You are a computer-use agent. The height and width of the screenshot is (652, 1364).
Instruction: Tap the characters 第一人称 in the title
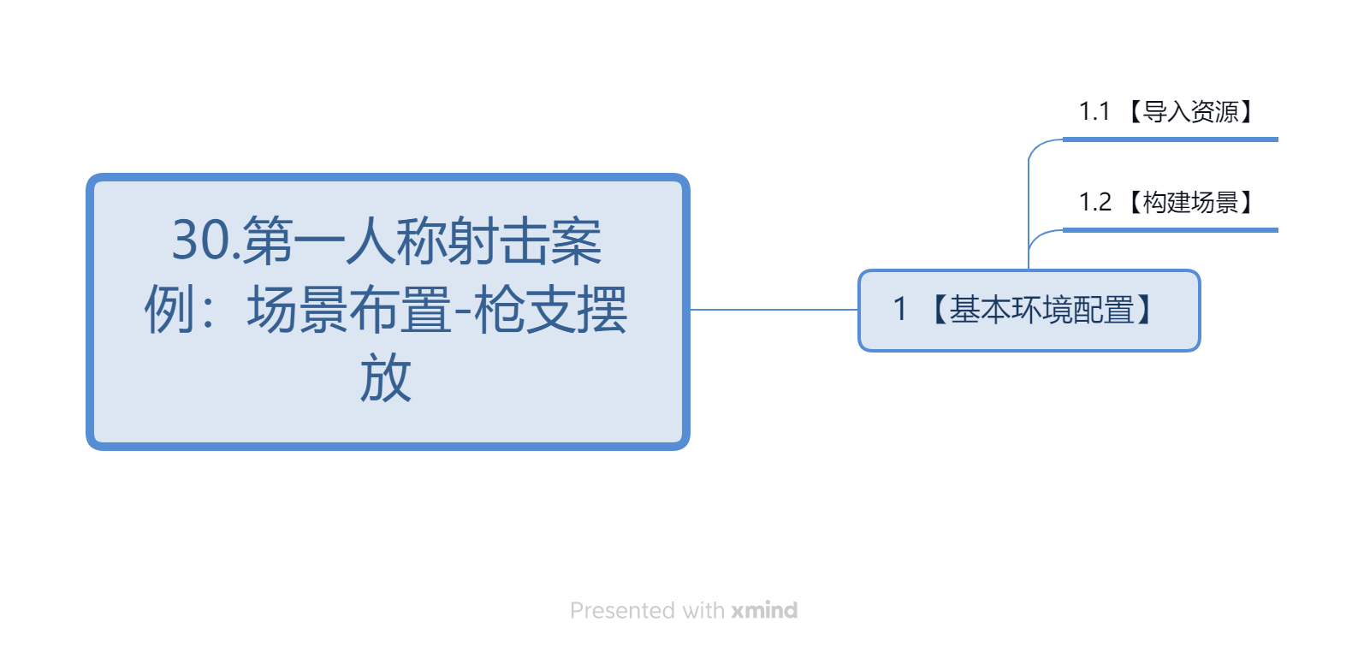click(345, 241)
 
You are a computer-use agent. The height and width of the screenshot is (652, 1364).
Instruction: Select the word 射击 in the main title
click(499, 241)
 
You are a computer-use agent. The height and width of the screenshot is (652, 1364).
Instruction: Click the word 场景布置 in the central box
click(349, 310)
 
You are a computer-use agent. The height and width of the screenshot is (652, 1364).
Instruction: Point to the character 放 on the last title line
click(386, 378)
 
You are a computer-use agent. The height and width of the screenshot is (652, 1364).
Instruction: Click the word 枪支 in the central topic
click(525, 310)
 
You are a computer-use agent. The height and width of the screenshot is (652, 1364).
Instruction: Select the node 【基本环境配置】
click(1029, 311)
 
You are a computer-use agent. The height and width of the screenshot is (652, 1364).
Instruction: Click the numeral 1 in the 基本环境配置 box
click(900, 309)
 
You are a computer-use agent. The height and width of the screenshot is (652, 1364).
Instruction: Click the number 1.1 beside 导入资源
click(1094, 111)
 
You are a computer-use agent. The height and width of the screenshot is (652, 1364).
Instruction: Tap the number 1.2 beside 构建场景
click(1094, 202)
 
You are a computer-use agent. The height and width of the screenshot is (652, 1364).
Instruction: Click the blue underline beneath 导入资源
click(1171, 139)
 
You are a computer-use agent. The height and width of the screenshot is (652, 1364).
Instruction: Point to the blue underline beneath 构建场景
click(1171, 230)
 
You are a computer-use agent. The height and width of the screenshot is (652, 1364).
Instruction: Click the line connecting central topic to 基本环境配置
click(774, 310)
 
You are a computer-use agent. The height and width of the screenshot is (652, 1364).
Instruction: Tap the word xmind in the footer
click(765, 610)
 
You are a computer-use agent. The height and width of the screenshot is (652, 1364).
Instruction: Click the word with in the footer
click(703, 610)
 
